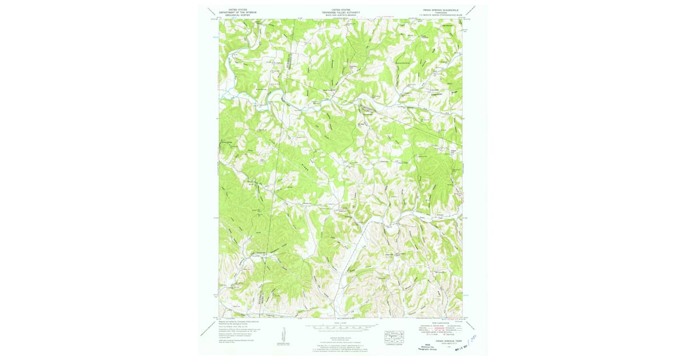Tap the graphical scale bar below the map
click(340, 329)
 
